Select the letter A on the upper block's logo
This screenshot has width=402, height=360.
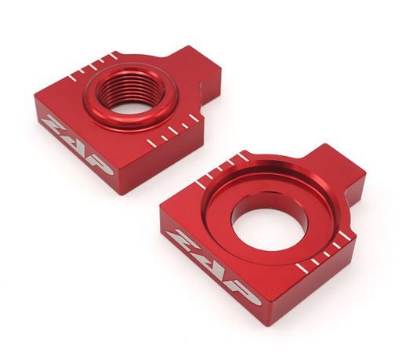pyautogui.click(x=76, y=144)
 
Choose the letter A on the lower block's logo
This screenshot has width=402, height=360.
pyautogui.click(x=212, y=264)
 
